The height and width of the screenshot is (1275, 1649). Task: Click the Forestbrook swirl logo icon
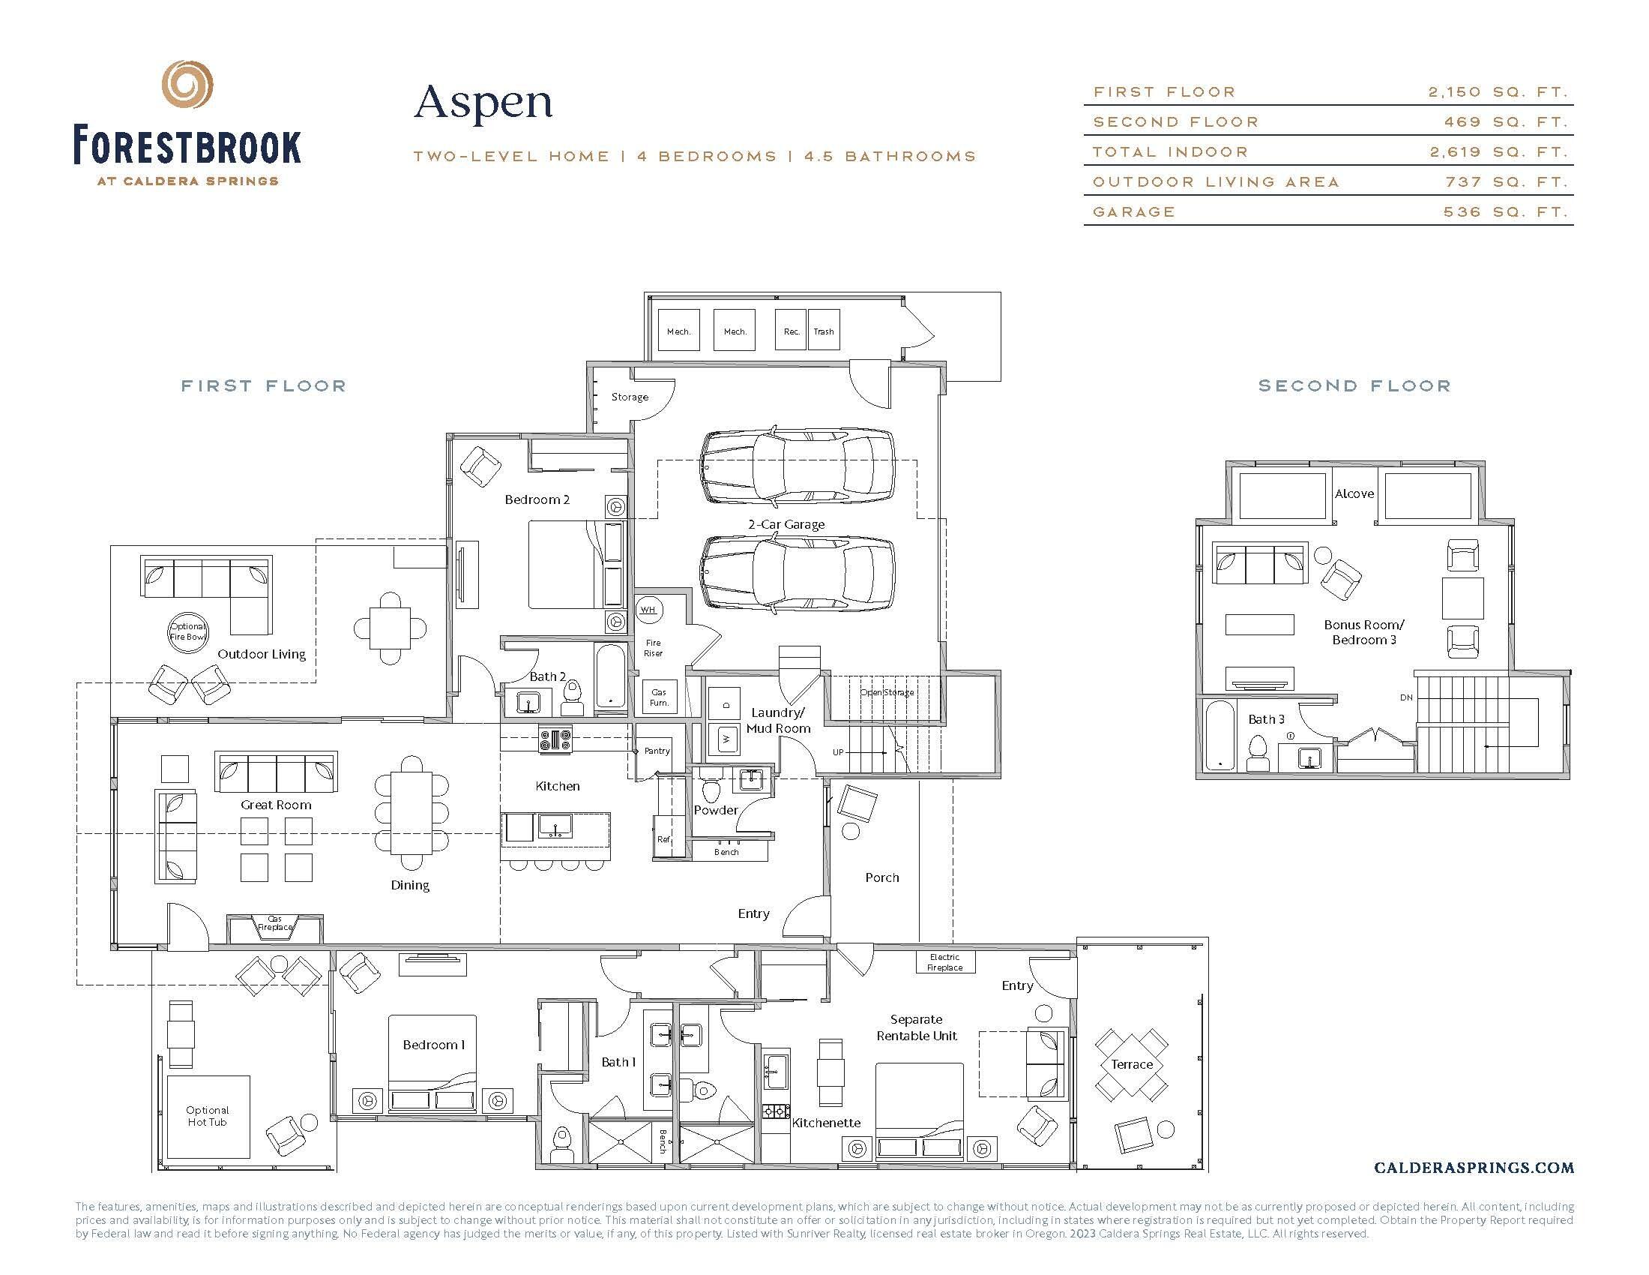pos(188,85)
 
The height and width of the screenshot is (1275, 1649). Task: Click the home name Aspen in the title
pos(483,103)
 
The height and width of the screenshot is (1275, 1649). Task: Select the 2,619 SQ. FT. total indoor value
pos(1499,151)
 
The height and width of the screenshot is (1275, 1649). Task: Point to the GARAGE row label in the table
pos(1134,212)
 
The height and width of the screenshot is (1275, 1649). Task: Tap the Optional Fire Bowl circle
pos(187,631)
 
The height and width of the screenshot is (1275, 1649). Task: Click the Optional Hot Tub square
pos(208,1117)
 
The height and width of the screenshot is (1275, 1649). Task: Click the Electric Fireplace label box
pos(944,962)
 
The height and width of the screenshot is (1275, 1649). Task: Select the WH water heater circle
pos(648,610)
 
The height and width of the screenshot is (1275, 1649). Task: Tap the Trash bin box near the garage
pos(824,331)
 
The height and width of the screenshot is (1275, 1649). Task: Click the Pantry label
pos(656,751)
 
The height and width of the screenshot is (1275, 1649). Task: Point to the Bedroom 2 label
pos(537,499)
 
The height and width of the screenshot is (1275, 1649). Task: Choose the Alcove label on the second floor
pos(1354,494)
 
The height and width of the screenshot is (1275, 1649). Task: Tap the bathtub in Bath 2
pos(611,676)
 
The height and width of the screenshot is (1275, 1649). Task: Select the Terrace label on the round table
pos(1131,1064)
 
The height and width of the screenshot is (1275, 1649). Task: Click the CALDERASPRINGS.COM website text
pos(1474,1168)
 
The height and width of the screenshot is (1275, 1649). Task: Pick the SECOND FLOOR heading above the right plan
pos(1354,386)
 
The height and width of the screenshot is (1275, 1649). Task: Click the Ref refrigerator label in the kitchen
pos(663,839)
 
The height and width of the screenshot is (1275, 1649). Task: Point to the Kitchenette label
pos(826,1123)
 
